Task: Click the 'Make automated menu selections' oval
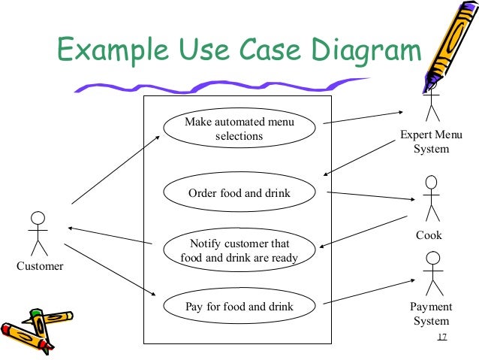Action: pos(239,129)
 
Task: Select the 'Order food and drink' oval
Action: pos(239,193)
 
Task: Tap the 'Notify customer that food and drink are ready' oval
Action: pos(239,251)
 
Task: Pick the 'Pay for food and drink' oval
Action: pos(239,307)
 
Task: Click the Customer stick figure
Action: pos(38,233)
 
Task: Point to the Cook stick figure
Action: pos(431,199)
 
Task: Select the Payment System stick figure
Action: pos(432,274)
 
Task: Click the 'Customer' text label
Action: pos(40,266)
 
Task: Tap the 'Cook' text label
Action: pos(429,235)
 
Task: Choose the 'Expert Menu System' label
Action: pos(431,142)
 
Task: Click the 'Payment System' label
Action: pos(431,313)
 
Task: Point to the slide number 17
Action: pos(441,337)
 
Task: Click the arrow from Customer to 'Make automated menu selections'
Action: pos(116,169)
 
